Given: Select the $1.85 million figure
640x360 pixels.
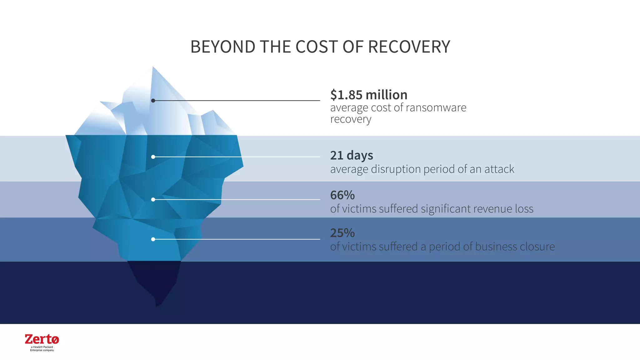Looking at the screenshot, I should click(369, 95).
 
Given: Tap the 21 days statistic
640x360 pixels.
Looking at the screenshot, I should click(352, 155).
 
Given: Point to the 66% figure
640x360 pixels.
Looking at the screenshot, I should click(342, 195).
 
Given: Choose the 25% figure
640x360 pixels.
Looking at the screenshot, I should click(342, 233).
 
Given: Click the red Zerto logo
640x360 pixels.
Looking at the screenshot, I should click(42, 339).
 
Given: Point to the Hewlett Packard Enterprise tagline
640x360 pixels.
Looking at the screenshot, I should click(42, 349).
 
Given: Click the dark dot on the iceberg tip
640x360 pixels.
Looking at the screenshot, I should click(153, 101).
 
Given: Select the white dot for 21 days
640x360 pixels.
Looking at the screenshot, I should click(153, 157).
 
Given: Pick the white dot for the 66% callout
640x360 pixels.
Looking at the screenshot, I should click(153, 199).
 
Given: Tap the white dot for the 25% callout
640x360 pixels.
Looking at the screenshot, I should click(153, 239).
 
